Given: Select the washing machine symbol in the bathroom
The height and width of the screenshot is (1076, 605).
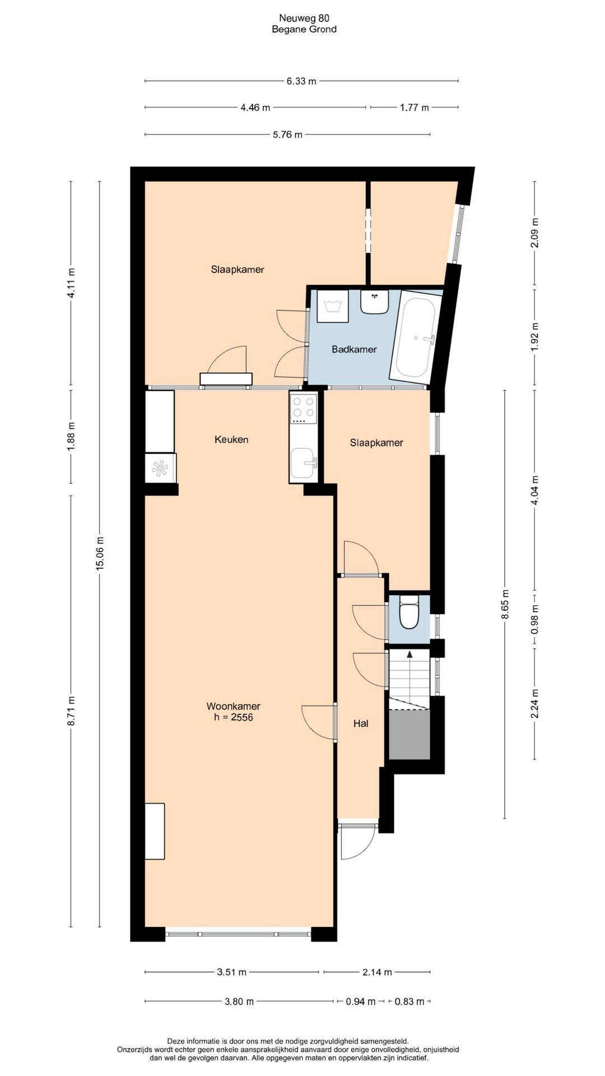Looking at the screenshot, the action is [333, 306].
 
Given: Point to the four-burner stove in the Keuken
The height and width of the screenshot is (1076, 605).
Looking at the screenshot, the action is [303, 409].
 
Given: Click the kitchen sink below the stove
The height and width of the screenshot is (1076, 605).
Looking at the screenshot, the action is [303, 463].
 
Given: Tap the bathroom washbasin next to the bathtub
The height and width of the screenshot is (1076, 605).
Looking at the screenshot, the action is [375, 302].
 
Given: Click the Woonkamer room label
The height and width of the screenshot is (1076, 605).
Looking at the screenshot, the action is [234, 706].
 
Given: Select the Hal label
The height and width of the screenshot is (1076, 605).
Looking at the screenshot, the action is [361, 723].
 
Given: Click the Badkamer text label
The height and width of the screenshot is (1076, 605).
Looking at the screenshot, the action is [354, 349].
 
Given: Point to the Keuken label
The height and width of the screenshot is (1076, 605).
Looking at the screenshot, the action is [231, 439].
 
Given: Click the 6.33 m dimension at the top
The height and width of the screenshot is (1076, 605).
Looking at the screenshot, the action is [301, 81].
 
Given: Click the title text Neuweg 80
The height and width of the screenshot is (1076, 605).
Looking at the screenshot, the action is [304, 18].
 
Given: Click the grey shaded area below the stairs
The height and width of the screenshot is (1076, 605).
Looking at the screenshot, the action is [409, 734].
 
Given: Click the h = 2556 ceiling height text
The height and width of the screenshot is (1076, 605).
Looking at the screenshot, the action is [234, 717].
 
